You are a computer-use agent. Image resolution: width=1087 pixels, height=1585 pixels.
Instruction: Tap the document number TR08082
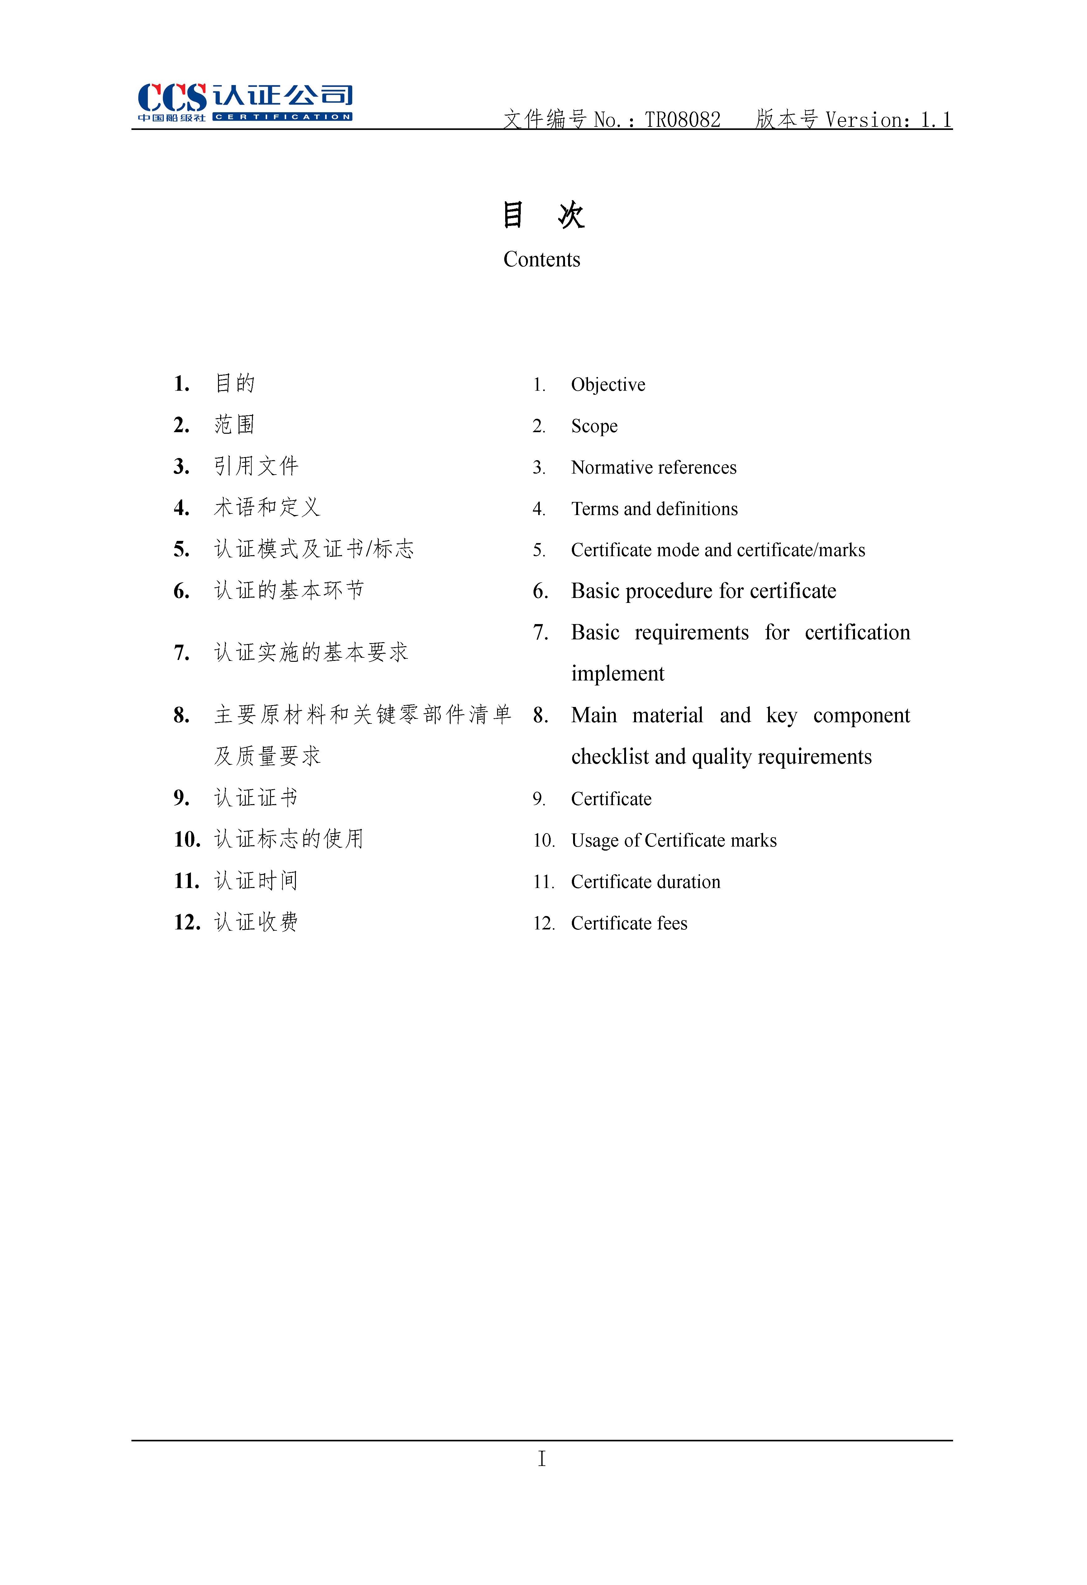pos(683,120)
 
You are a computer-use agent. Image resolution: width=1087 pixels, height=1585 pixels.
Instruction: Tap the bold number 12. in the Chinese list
pos(187,923)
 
